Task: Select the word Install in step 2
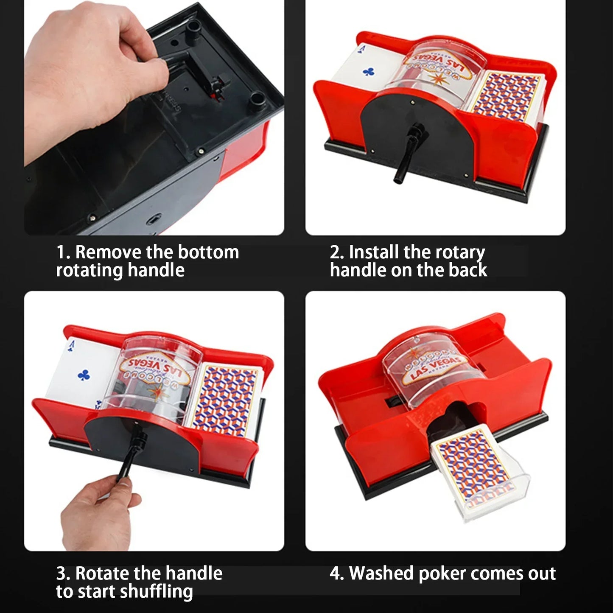pos(374,252)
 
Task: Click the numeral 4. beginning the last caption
pos(337,574)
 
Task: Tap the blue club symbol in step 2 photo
pos(368,72)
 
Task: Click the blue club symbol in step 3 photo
pos(84,375)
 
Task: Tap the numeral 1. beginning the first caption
pos(63,252)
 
